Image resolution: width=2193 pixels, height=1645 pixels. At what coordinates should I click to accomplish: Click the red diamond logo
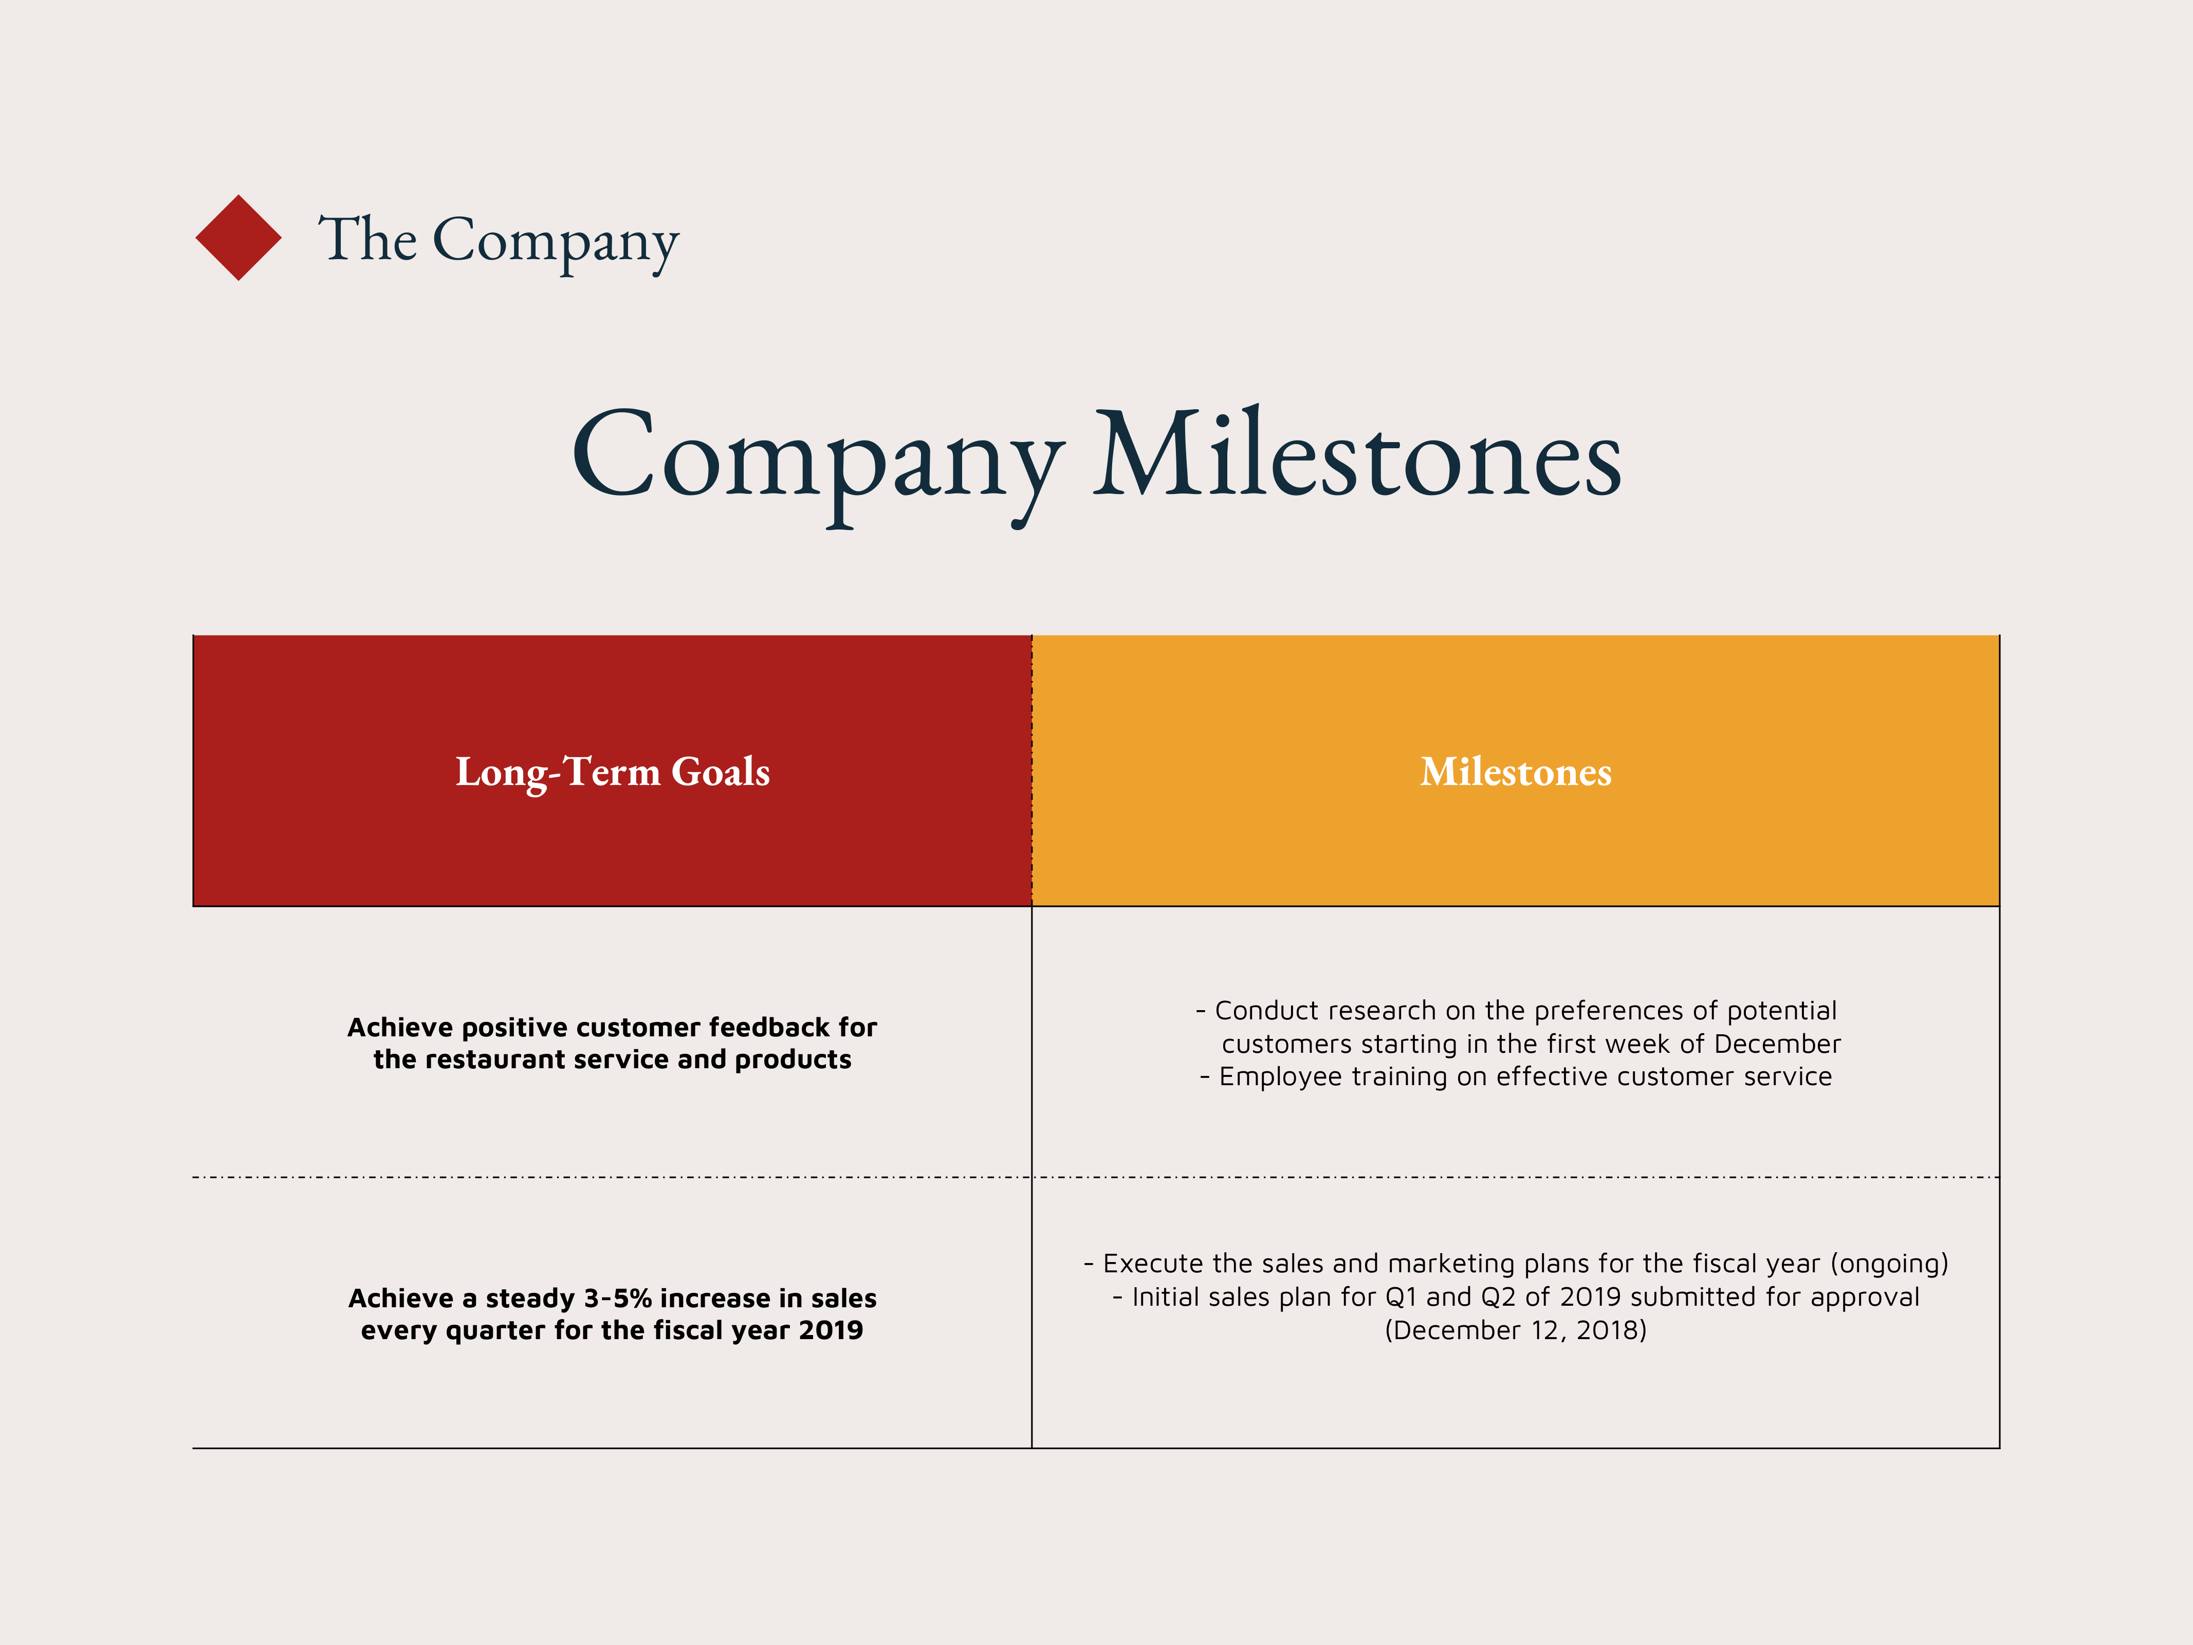pos(238,238)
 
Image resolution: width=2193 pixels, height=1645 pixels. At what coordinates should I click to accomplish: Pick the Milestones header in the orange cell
pos(1516,772)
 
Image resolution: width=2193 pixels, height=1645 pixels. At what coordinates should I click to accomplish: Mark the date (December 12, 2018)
pos(1516,1331)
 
